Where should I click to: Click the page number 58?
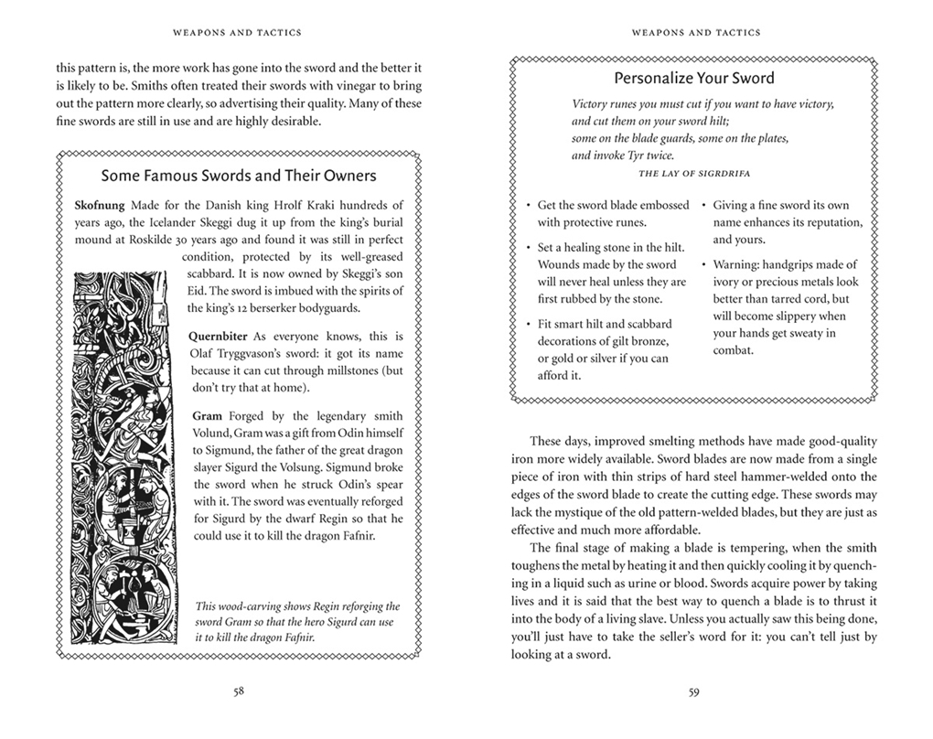(238, 692)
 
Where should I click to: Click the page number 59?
(694, 692)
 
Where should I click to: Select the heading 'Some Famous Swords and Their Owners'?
(238, 176)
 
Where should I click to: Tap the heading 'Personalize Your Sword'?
(693, 78)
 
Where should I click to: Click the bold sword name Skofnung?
(101, 205)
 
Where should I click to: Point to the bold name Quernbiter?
(219, 337)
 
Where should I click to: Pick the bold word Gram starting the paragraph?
(206, 415)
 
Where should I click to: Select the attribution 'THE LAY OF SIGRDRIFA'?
(693, 173)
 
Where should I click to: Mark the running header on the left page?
(238, 33)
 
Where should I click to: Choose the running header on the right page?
(694, 33)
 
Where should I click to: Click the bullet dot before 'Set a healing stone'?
(529, 248)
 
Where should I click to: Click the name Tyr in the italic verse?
(649, 155)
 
